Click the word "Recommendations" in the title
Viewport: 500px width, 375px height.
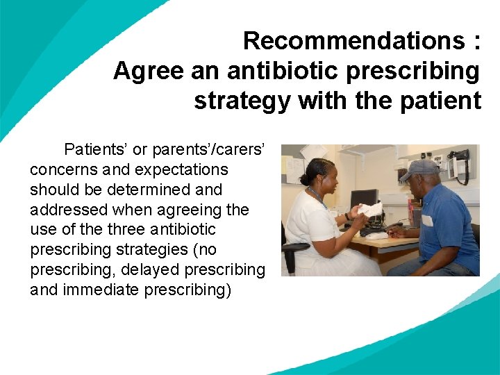353,41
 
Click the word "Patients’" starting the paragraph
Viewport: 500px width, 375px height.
96,149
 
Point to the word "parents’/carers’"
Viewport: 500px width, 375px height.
224,149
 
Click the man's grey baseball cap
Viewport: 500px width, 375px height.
419,169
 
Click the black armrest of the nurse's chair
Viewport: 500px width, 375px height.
294,248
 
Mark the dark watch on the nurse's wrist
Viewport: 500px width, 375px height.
347,217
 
